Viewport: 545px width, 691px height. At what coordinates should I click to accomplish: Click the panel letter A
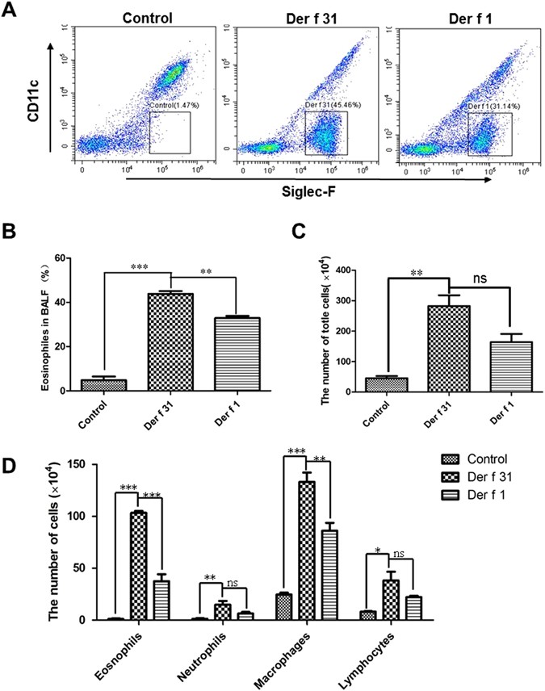tap(13, 12)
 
